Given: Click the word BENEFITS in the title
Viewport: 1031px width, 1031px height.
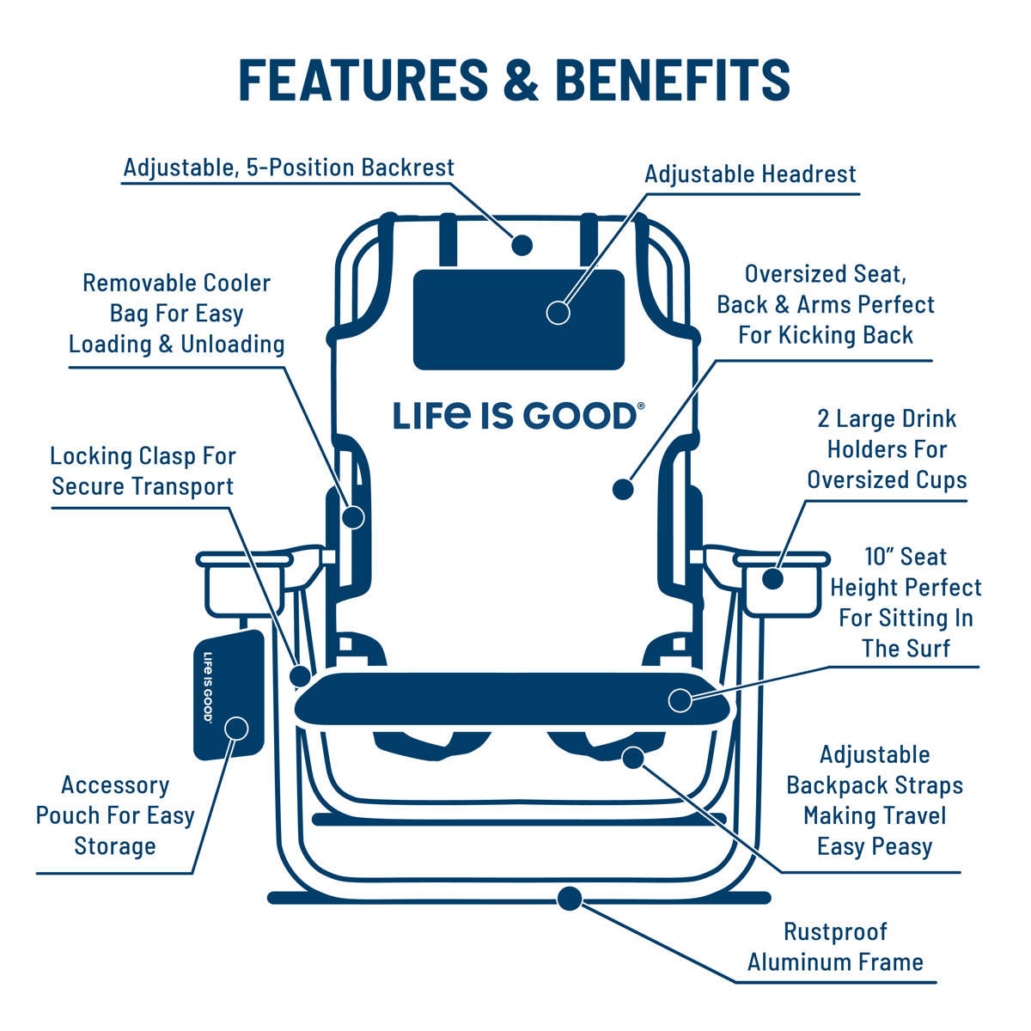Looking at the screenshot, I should coord(673,80).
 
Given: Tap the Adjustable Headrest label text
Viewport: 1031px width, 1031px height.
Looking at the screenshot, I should coord(750,174).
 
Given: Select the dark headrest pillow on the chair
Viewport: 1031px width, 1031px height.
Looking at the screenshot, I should coord(518,320).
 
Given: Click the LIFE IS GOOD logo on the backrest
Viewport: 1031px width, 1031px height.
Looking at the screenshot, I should coord(515,416).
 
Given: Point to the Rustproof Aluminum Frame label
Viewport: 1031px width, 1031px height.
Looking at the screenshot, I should coord(835,947).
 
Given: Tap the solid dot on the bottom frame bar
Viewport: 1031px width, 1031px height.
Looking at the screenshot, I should coord(569,899).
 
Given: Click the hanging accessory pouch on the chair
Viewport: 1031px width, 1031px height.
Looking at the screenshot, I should coord(228,696).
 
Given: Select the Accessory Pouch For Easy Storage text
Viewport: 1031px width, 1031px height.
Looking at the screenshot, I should coord(115,815).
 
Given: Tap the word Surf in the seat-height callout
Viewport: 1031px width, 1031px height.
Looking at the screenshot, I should coord(928,649).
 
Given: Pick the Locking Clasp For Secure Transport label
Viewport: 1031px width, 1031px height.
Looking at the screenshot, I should coord(143,471).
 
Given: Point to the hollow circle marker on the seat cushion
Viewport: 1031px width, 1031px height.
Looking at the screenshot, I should coord(680,700).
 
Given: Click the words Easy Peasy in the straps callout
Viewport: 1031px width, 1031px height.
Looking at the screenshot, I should coord(875,846).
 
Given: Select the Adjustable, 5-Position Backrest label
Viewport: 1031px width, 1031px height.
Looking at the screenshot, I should coord(288,167).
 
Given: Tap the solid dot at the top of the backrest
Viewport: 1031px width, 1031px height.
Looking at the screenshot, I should coord(522,245).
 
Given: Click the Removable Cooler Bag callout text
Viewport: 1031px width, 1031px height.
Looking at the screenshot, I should coord(176,314).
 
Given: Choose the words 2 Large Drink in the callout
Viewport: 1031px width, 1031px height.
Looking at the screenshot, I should coord(886,419).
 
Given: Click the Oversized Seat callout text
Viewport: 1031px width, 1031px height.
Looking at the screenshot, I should coord(825,304).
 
